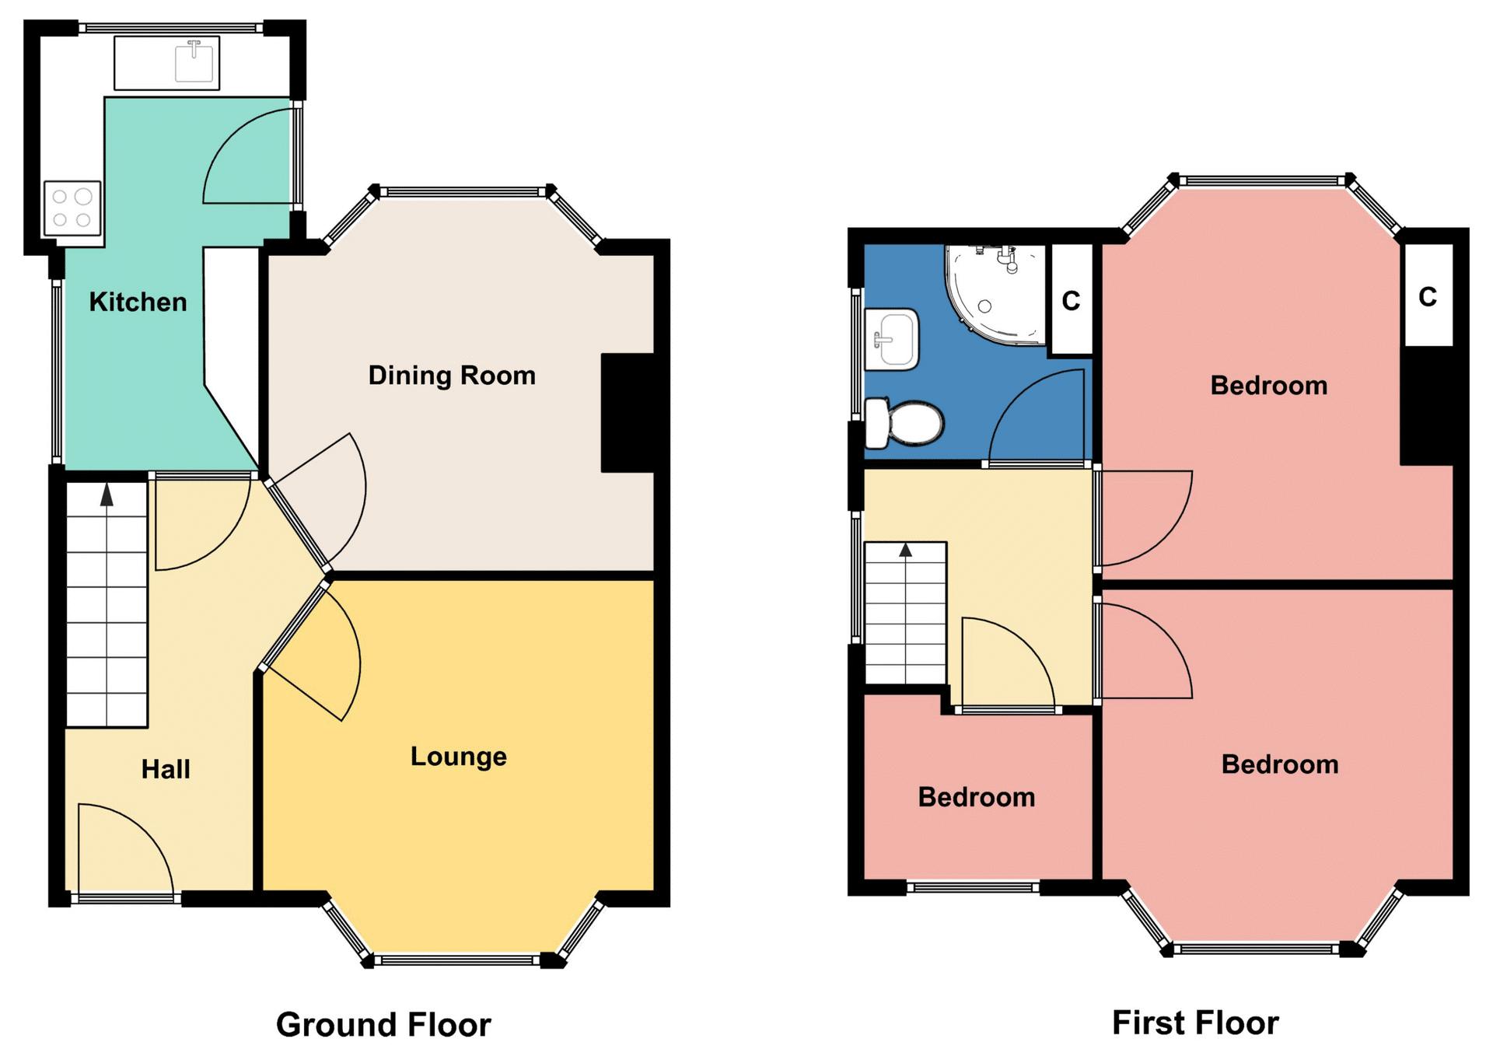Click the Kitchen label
point(138,302)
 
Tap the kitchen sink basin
point(194,62)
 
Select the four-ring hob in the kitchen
point(72,208)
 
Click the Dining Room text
point(452,376)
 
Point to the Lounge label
point(458,757)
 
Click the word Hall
point(166,770)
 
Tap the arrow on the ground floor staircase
point(107,495)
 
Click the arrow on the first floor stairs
point(905,551)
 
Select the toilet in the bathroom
point(905,424)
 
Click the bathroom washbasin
point(893,339)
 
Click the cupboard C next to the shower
point(1071,300)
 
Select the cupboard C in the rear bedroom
point(1428,296)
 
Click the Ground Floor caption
point(383,1025)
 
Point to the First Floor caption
point(1195,1023)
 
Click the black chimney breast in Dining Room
point(630,413)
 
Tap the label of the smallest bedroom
point(977,798)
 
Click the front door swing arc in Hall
point(124,848)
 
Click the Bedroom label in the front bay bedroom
point(1280,764)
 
